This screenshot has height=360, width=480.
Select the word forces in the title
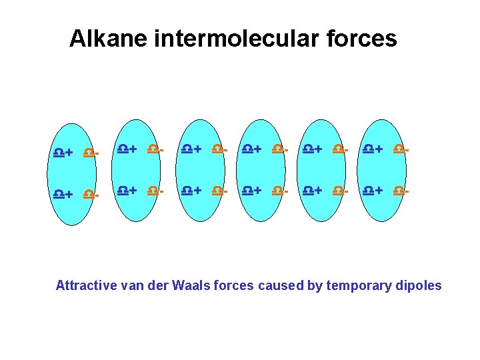coord(364,39)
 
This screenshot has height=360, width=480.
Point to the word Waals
coord(191,285)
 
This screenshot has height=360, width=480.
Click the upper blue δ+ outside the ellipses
coord(63,153)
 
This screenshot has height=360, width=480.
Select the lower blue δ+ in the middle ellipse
coord(251,191)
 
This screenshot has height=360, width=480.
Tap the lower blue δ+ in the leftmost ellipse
coord(127,191)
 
